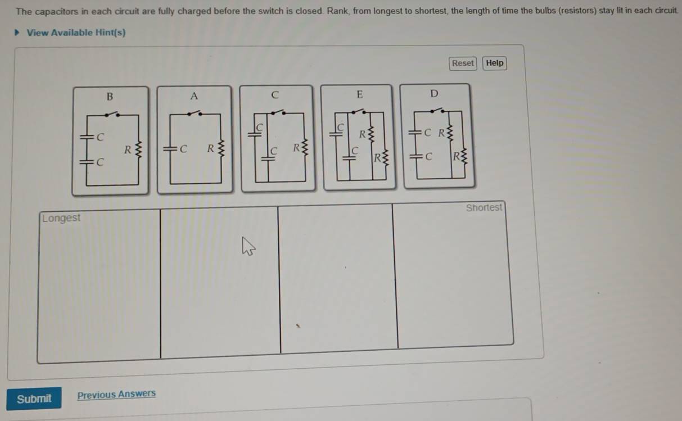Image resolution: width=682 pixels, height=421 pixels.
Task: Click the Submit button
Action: point(34,399)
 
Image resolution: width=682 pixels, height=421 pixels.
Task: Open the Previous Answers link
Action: point(116,394)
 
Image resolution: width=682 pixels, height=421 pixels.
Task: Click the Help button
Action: point(494,64)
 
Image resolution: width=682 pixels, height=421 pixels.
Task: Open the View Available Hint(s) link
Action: point(76,33)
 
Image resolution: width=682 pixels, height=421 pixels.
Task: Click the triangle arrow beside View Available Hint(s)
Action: point(17,32)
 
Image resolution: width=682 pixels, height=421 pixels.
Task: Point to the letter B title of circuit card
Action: point(110,97)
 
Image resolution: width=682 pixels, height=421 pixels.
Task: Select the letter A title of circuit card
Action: point(194,96)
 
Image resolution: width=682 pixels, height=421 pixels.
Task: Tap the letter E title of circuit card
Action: point(360,94)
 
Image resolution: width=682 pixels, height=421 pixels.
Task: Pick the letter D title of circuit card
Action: point(435,93)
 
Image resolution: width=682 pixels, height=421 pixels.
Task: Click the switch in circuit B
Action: point(112,114)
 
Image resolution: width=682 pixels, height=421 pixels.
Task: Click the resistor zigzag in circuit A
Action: point(222,148)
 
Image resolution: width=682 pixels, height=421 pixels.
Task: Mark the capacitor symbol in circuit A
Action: point(170,149)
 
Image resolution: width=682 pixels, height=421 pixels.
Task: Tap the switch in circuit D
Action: point(437,110)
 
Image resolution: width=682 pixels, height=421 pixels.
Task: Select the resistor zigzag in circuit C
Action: point(305,148)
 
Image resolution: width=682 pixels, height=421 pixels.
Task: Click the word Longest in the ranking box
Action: point(61,218)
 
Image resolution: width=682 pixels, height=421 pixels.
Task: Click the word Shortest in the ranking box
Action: point(484,207)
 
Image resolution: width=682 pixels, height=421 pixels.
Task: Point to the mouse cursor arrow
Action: point(248,246)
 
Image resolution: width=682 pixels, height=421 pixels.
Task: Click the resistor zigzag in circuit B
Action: point(138,149)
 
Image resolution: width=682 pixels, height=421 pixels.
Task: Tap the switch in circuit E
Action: point(359,111)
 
